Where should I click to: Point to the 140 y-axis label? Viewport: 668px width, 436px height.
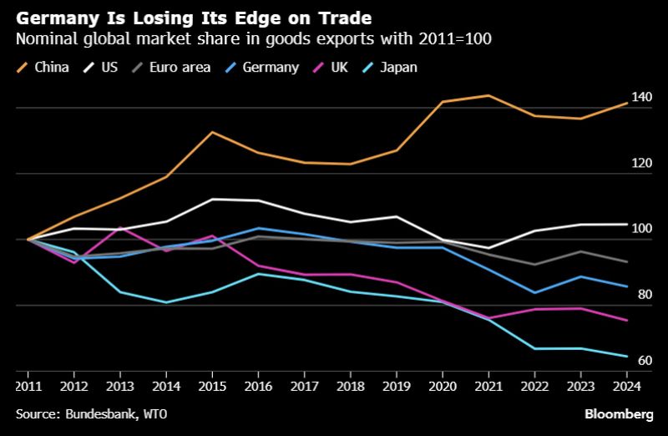pos(641,97)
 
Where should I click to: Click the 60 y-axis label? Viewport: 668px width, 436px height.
pos(645,360)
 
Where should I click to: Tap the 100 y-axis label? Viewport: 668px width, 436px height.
pos(641,229)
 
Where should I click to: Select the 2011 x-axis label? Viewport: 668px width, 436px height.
pos(28,386)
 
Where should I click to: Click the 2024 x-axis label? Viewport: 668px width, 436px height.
pos(627,386)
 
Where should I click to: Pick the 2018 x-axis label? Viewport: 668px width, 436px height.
pos(351,386)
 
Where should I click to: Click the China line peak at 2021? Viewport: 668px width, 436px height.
pos(488,95)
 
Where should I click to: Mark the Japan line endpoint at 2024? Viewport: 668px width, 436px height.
pos(627,357)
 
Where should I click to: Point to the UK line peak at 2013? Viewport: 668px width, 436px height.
pos(120,227)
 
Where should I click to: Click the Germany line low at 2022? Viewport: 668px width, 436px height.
pos(534,293)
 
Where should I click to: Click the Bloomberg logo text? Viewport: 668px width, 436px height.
pos(619,414)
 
